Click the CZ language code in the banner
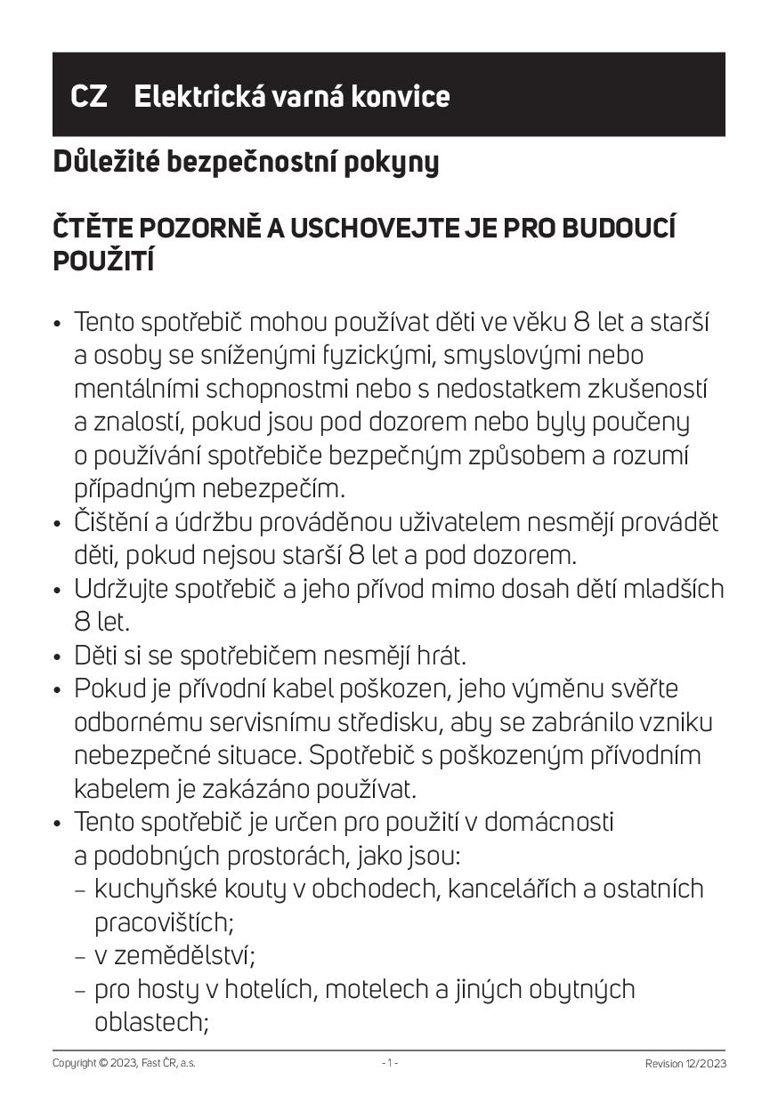(89, 96)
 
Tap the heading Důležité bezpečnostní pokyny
(246, 163)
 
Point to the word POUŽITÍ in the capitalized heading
(104, 262)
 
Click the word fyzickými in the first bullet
(385, 356)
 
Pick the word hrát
(436, 656)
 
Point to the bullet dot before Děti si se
(58, 657)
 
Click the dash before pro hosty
(80, 989)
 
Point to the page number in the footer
(389, 1063)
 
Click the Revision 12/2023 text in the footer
(685, 1063)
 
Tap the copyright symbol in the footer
(103, 1063)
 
